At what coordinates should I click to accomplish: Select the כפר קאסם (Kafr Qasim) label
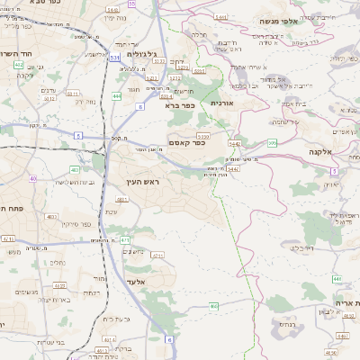[186, 141]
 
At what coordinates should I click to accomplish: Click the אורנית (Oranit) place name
[222, 103]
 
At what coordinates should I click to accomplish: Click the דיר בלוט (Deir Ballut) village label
[296, 244]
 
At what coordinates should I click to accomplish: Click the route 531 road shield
[115, 58]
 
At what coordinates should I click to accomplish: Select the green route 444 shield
[117, 94]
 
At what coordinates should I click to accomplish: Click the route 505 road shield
[272, 142]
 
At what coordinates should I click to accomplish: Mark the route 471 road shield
[124, 240]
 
